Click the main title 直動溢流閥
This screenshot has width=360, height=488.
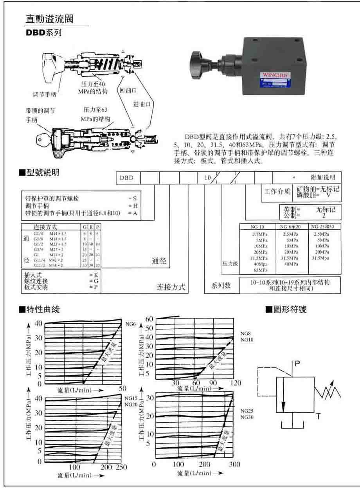click(49, 19)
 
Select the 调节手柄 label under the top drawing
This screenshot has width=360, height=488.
click(44, 94)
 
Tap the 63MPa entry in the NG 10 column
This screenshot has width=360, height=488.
click(258, 270)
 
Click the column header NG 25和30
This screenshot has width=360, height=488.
click(325, 227)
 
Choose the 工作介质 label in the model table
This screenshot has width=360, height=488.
click(277, 191)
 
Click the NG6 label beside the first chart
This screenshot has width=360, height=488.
click(130, 324)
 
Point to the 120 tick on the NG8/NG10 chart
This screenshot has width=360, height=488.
click(236, 382)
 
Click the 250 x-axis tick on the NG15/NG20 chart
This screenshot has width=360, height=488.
click(122, 467)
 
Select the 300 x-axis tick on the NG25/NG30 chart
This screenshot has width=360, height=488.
click(234, 464)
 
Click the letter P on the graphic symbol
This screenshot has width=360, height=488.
click(297, 364)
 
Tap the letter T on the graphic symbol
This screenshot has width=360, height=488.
click(318, 417)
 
